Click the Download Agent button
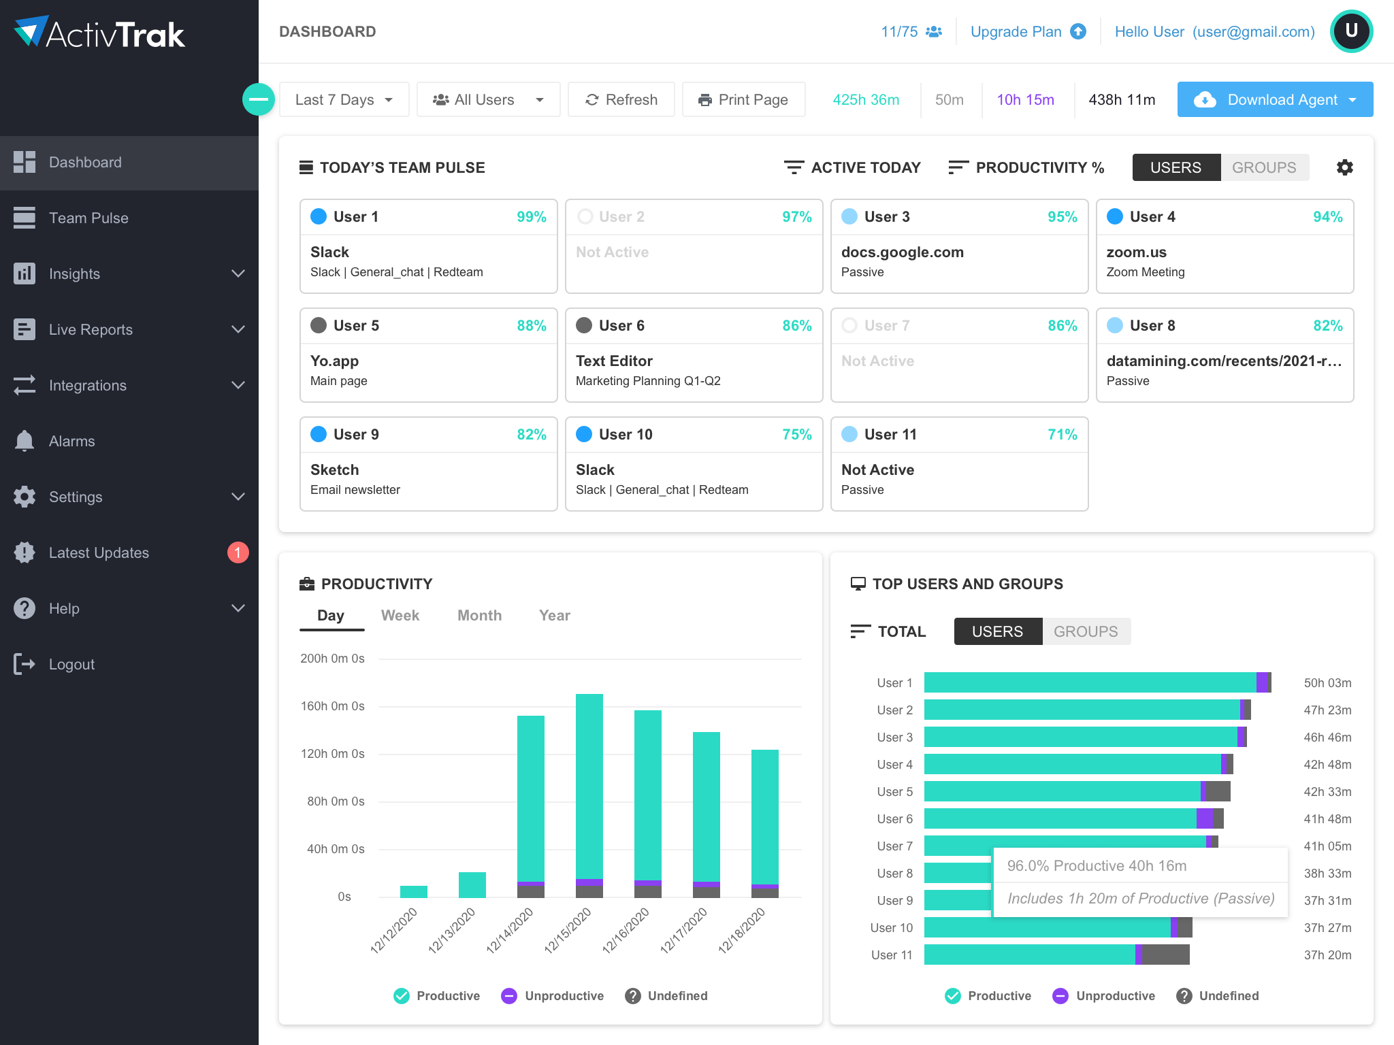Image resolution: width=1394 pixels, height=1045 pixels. [x=1274, y=99]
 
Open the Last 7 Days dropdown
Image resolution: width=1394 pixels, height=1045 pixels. [x=344, y=99]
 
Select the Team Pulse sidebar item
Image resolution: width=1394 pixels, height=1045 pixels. [x=88, y=218]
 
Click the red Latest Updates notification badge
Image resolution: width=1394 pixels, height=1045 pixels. [x=238, y=552]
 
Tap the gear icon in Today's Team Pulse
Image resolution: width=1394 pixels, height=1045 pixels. [x=1344, y=167]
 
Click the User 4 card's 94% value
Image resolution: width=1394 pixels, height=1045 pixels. [x=1327, y=216]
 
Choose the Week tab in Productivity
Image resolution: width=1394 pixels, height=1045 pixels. [x=400, y=615]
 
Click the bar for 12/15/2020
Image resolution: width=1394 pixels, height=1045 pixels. [x=589, y=789]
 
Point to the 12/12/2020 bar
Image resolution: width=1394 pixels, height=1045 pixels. [x=413, y=891]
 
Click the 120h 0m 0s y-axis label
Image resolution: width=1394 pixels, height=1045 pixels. [x=333, y=754]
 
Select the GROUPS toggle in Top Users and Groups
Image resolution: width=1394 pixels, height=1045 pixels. [x=1086, y=631]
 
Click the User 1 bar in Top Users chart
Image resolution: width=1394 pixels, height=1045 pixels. [x=1089, y=682]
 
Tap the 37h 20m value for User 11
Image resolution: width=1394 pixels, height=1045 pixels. [x=1327, y=955]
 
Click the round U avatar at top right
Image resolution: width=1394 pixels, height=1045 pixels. [x=1351, y=31]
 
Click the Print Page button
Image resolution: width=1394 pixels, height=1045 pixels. [x=743, y=99]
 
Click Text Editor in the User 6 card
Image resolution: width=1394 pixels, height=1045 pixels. [x=614, y=361]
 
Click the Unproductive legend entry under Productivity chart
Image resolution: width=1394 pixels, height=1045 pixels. [x=552, y=995]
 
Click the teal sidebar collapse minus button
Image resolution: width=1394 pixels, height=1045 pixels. [x=259, y=99]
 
